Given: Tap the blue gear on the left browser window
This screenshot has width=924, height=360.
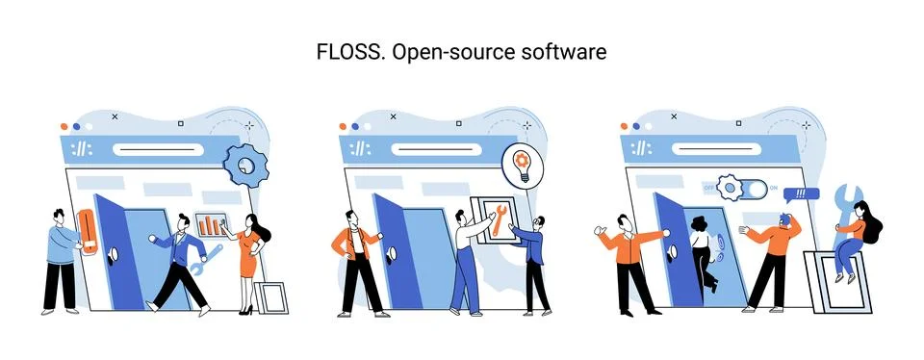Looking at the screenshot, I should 244,166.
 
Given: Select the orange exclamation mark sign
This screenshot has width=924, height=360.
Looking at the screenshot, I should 88,231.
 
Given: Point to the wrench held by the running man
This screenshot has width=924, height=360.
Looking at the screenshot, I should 207,258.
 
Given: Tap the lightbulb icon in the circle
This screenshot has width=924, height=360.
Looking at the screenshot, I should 523,164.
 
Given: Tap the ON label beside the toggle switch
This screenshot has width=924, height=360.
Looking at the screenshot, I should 774,188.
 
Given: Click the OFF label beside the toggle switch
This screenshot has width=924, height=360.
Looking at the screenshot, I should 709,187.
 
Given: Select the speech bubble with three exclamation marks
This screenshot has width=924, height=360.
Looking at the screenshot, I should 796,193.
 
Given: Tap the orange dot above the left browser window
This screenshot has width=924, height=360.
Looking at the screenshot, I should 64,126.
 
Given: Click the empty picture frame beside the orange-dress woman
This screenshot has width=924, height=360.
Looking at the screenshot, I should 273,298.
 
